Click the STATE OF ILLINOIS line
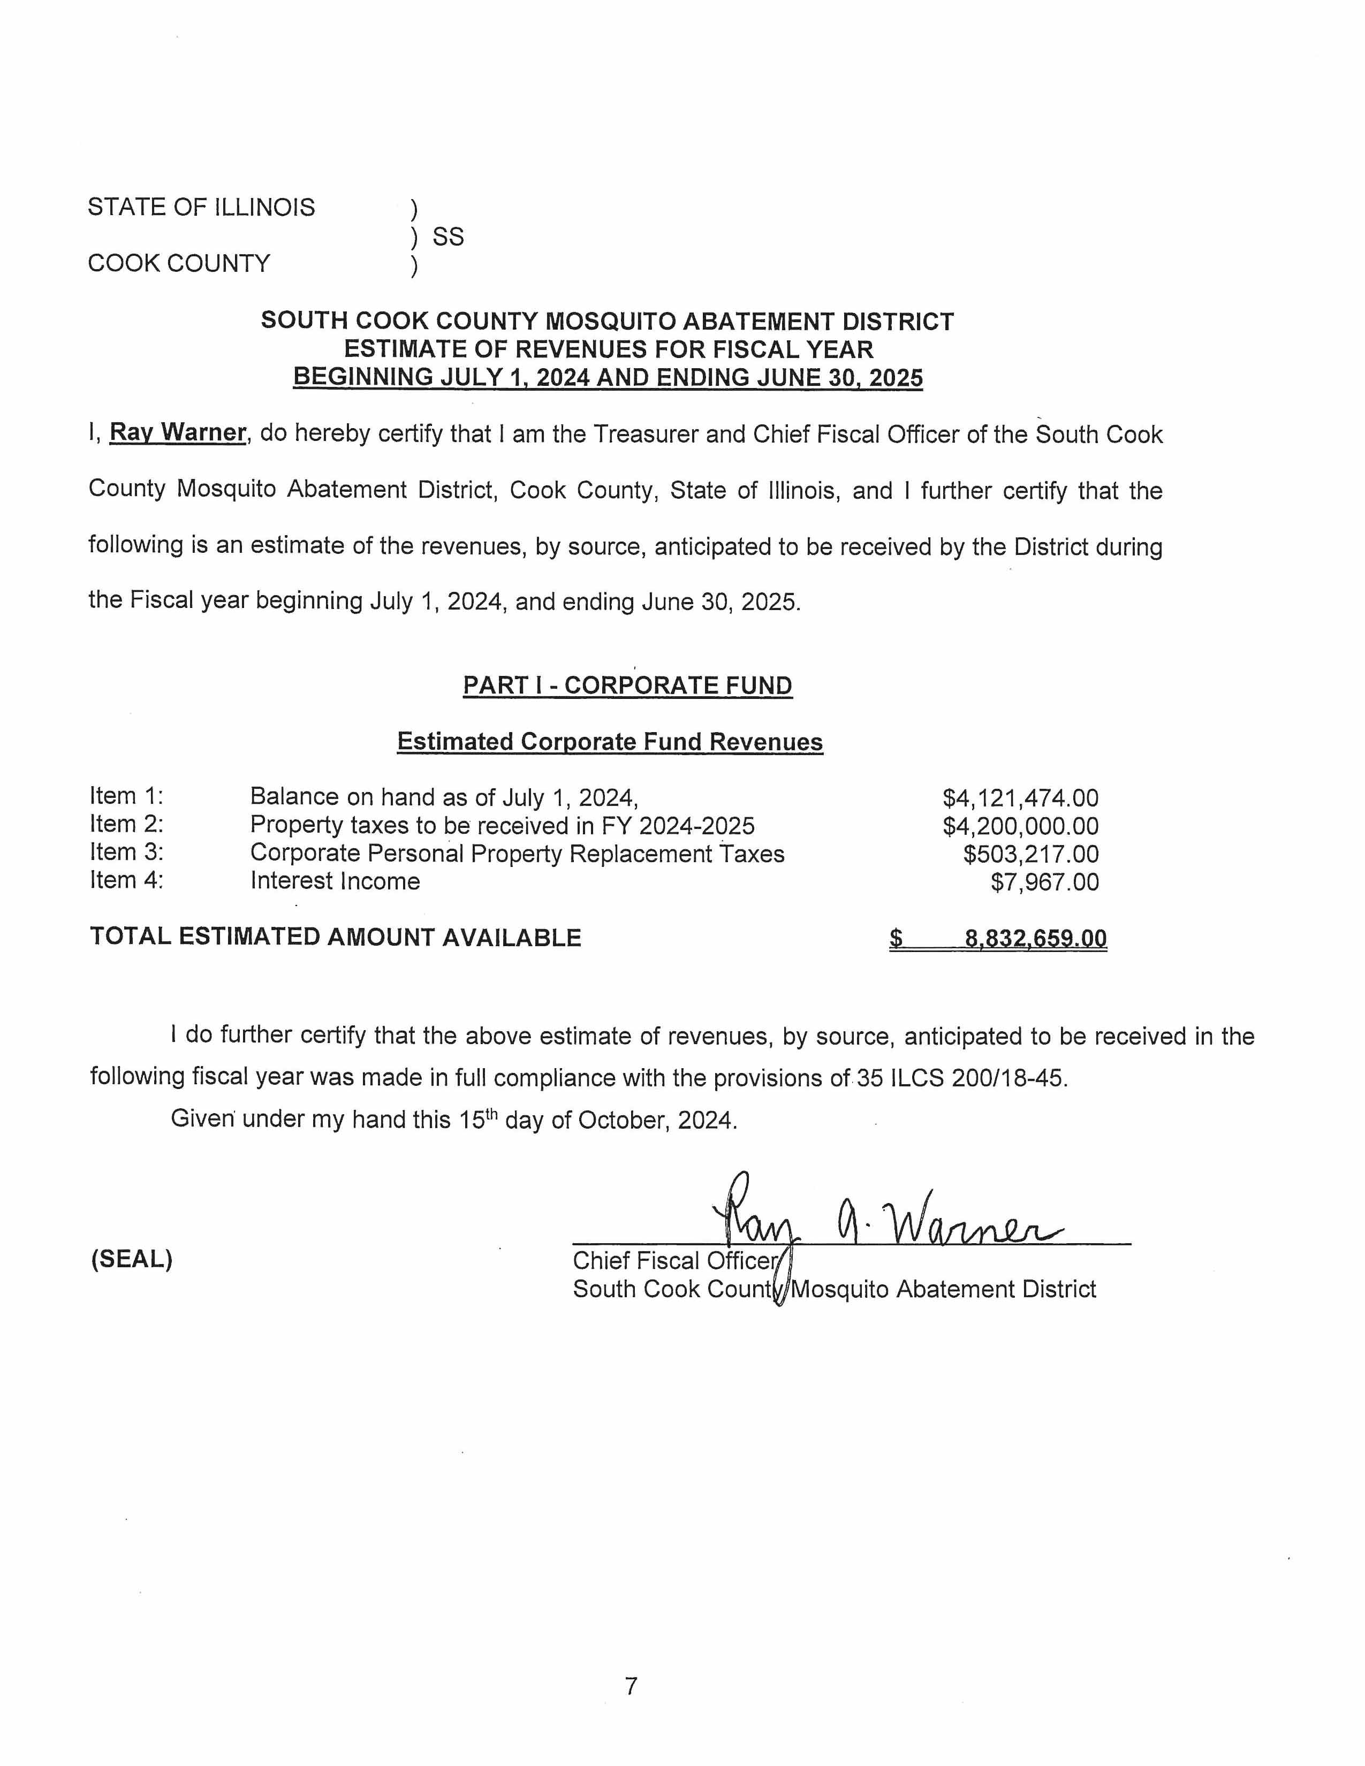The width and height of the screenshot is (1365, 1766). pos(201,207)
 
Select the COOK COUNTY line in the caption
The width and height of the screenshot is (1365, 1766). pos(179,264)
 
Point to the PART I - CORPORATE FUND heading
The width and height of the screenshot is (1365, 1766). pos(627,686)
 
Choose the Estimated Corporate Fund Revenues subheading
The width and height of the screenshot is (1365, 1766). pos(610,742)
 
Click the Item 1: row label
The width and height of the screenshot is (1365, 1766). pos(127,796)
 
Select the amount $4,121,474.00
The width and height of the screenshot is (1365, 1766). pos(1020,798)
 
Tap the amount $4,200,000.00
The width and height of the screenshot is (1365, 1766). pos(1020,826)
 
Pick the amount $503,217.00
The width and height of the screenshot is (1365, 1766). pos(1031,855)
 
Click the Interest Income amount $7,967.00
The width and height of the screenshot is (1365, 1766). pos(1045,882)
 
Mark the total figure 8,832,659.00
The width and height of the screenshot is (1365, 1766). pos(1035,939)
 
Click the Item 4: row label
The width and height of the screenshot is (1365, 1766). pos(127,880)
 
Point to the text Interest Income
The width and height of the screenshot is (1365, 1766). pos(335,881)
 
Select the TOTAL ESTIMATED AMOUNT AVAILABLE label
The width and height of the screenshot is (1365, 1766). pos(336,937)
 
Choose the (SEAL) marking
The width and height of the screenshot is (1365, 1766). pos(131,1259)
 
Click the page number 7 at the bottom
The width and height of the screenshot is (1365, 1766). pos(631,1686)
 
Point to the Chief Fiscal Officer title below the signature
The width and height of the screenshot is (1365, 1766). pos(675,1261)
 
